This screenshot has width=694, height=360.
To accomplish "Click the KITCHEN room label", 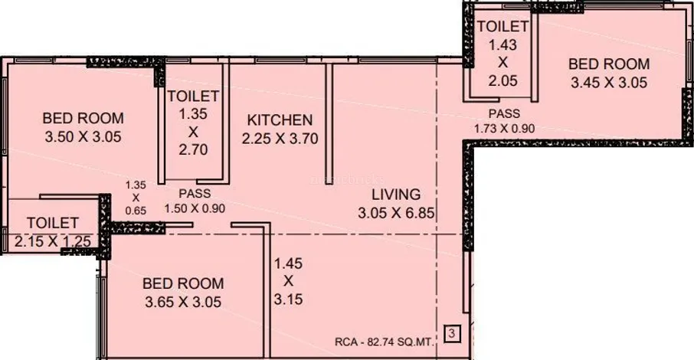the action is tap(280, 120).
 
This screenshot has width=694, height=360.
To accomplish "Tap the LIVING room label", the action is tap(396, 195).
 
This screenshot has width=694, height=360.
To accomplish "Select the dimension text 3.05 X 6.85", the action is tap(396, 213).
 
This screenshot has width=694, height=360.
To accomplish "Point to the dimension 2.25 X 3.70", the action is tap(280, 139).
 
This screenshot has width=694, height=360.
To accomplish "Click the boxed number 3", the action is tap(452, 333).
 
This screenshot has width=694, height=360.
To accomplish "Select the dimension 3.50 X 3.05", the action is tap(83, 137).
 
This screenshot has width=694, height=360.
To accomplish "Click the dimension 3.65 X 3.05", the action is tap(183, 302).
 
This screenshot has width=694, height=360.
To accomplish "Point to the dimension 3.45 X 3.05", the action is tap(609, 83).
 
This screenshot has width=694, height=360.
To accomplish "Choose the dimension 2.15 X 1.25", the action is tap(53, 241).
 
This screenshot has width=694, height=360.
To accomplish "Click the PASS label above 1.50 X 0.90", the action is tap(195, 194).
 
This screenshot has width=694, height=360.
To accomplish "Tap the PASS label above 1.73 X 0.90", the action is tap(504, 114).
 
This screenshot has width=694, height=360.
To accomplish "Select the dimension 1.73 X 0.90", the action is tap(505, 129).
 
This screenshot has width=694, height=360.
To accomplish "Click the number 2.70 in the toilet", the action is tap(194, 149).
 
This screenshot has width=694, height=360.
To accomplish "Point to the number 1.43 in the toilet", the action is tap(502, 44).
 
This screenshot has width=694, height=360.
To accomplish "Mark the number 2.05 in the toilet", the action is tap(502, 81).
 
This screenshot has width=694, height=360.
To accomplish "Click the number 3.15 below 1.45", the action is tap(288, 299).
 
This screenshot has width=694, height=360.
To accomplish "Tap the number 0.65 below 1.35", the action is tap(136, 211).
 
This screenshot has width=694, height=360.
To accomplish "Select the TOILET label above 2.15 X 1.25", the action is tap(53, 223).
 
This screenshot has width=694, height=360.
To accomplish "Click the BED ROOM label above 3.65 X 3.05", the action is tap(183, 283).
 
